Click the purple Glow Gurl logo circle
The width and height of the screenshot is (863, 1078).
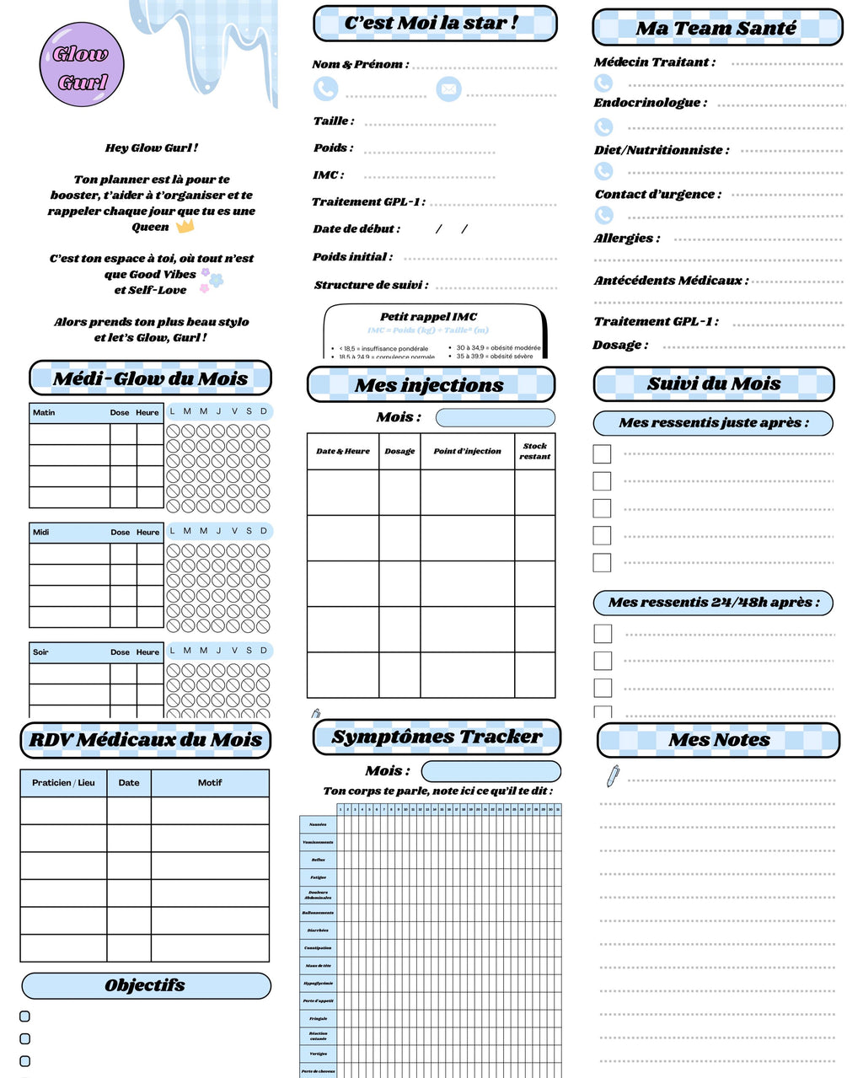[82, 65]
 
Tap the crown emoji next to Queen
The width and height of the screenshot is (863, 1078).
[185, 226]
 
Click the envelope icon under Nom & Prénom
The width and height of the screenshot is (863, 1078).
[448, 88]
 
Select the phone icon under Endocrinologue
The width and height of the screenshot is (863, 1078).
[603, 126]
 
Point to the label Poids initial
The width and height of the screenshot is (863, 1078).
[351, 257]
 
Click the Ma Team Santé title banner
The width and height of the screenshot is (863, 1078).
[717, 28]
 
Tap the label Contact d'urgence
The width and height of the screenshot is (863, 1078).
[657, 194]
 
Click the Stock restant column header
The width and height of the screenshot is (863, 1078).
[534, 451]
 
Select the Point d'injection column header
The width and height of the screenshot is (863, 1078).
[467, 451]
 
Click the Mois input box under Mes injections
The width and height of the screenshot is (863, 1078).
[495, 417]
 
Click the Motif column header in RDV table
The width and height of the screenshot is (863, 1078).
[210, 783]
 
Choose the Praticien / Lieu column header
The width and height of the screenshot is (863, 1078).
[63, 783]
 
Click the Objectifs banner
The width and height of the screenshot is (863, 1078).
[146, 985]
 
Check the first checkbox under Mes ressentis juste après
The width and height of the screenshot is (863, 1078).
[602, 453]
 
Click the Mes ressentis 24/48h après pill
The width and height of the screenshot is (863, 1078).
[713, 602]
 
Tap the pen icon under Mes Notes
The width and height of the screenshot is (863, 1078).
[613, 775]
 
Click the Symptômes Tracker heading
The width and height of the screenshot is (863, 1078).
[437, 737]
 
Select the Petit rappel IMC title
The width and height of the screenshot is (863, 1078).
[428, 317]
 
